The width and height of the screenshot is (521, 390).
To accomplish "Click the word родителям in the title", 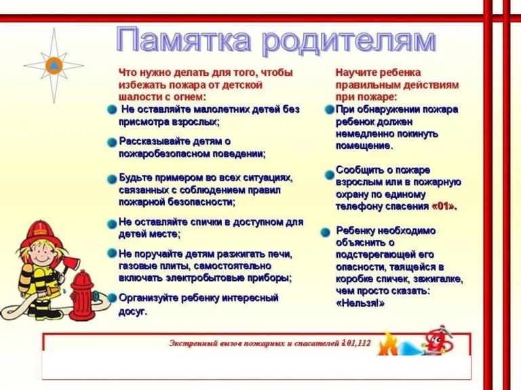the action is tap(349, 41).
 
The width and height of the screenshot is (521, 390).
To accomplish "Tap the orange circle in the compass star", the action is tap(54, 65).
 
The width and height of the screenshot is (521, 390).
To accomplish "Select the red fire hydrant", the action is tap(82, 295).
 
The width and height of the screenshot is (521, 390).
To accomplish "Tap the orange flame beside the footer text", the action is tap(387, 344).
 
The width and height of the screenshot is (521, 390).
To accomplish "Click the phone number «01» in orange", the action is tap(444, 207).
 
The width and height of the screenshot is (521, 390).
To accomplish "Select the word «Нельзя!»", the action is tap(360, 303).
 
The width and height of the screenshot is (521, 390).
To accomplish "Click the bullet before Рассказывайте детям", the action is tap(112, 142).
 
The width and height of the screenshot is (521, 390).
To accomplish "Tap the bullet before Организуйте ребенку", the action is tap(113, 298).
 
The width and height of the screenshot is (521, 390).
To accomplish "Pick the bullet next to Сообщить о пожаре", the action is tap(329, 175).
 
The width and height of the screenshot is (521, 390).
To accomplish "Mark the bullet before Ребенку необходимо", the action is tap(326, 232).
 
